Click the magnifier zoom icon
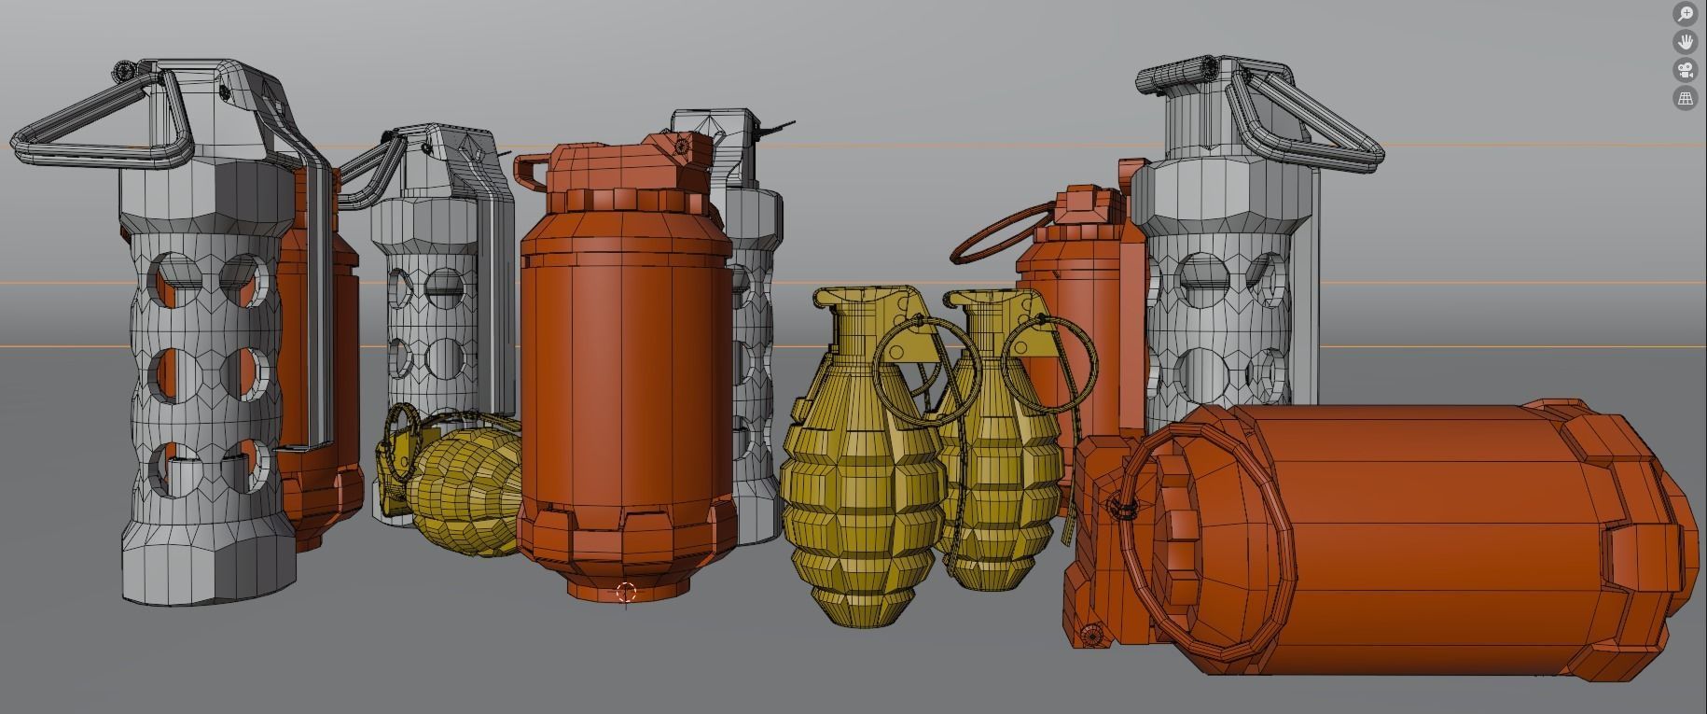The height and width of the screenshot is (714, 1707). [x=1685, y=14]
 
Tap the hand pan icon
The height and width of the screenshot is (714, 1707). [x=1685, y=42]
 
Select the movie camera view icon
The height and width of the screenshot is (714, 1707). [x=1685, y=70]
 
